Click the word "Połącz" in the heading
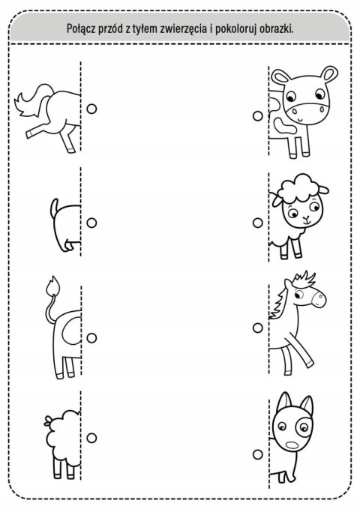point(81,29)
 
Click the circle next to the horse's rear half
point(91,109)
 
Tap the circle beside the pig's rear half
point(91,223)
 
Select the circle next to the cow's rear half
point(91,337)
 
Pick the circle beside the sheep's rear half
point(91,438)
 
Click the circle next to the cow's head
point(258,116)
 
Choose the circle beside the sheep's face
point(258,223)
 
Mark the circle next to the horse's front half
point(258,328)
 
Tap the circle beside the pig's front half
point(258,454)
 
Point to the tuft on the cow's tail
point(53,285)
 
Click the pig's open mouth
point(292,445)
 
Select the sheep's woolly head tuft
point(296,187)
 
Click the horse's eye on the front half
point(299,295)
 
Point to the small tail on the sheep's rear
point(48,421)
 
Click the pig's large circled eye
point(304,427)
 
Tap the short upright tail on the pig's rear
point(54,208)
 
